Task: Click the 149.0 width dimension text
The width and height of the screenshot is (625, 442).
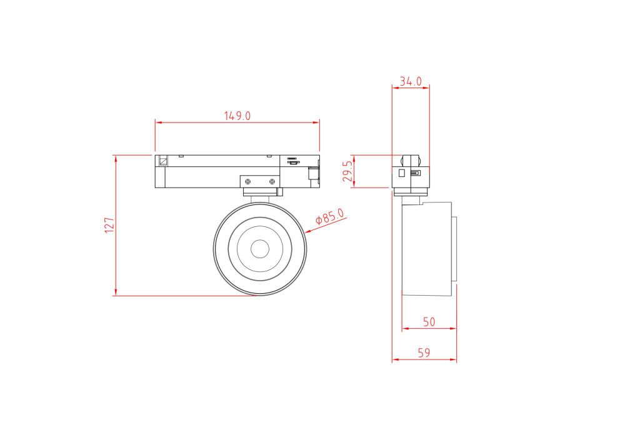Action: [x=237, y=116]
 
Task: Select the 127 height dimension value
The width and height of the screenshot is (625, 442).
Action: [x=109, y=225]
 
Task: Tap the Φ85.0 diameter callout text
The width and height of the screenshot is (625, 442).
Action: [x=329, y=217]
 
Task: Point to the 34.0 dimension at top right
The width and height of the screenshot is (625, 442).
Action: [x=411, y=81]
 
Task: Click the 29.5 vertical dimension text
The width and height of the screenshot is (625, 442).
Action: [x=348, y=171]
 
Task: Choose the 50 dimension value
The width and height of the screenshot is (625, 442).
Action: [x=429, y=322]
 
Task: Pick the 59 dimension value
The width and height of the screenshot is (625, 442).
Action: [x=424, y=353]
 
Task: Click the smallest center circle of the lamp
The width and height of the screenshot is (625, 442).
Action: [x=259, y=249]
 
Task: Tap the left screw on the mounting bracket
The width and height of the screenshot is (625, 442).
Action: [x=248, y=181]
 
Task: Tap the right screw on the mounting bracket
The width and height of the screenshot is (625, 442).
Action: [x=272, y=181]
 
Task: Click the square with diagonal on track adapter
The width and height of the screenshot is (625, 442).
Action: [x=163, y=160]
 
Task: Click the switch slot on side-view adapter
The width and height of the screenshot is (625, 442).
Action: [x=416, y=173]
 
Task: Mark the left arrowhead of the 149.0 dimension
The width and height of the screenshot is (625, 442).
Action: [x=158, y=123]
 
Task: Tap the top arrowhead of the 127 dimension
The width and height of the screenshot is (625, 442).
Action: [x=116, y=158]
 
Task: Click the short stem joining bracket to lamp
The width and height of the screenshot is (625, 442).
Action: [x=259, y=198]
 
